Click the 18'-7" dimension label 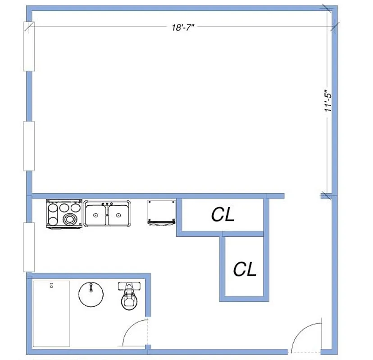182,27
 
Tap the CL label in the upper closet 223,216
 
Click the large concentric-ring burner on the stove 70,219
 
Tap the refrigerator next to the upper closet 161,212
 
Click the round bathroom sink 91,295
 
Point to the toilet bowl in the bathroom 130,301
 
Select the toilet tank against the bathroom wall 130,286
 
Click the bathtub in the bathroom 51,314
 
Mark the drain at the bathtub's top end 51,285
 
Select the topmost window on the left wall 29,46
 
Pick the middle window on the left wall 29,146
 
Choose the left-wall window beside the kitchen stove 29,247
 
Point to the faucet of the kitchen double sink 108,204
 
